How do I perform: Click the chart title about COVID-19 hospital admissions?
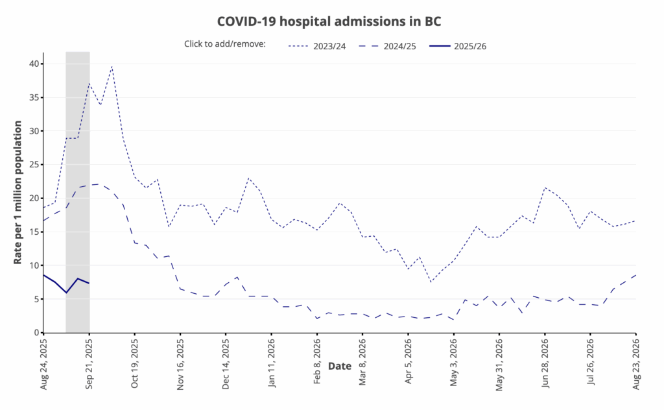(329, 21)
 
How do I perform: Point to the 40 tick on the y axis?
(33, 64)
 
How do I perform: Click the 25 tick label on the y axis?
(33, 165)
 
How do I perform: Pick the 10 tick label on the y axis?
(33, 265)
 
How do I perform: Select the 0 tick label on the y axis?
(36, 333)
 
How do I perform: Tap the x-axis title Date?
(339, 366)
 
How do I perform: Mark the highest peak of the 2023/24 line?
(112, 66)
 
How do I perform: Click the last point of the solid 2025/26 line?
(89, 283)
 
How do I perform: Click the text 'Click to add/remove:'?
(225, 45)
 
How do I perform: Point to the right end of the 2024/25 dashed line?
(635, 275)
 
